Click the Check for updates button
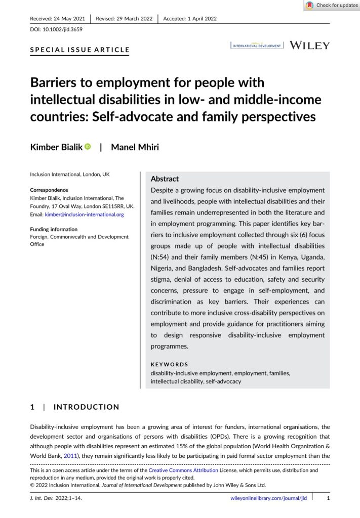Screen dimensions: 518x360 tap(331, 6)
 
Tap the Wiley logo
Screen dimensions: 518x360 tap(309, 45)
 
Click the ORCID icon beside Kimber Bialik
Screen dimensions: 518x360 tap(88, 146)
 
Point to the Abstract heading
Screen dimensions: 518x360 tap(165, 179)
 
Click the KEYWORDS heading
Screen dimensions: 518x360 tap(170, 364)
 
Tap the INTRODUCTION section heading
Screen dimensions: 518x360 tap(87, 407)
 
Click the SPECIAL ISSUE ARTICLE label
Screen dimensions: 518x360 tap(80, 50)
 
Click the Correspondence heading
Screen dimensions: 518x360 tap(49, 190)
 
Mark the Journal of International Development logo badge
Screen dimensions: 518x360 tap(257, 46)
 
